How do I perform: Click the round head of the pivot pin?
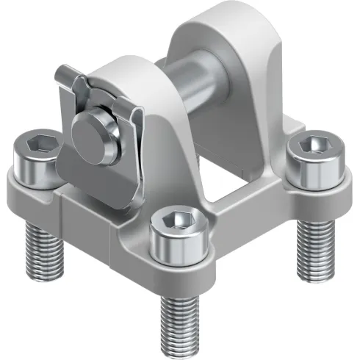point(94,132)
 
